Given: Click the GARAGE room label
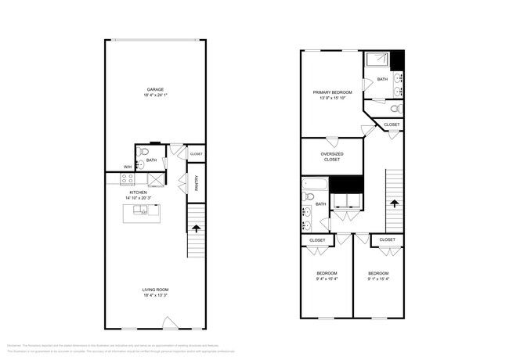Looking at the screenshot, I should point(155,89).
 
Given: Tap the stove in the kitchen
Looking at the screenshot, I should point(128,179).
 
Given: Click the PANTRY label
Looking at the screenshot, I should point(196,183).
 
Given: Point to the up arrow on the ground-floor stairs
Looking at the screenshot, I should point(195,228).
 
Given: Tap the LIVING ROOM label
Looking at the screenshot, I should point(155,290).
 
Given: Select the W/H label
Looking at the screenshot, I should point(127,166).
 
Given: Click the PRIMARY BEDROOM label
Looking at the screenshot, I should point(332,92).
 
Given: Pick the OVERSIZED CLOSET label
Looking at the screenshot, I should point(332,157).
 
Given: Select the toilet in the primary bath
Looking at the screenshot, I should point(396,107).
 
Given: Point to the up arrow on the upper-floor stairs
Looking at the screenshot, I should point(395,203).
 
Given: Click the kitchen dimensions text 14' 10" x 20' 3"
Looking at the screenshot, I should point(139,198).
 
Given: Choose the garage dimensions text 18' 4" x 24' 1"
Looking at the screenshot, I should point(155,95).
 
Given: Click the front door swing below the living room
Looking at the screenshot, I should point(168,322).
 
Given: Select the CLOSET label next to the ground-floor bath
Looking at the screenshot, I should point(196,154).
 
